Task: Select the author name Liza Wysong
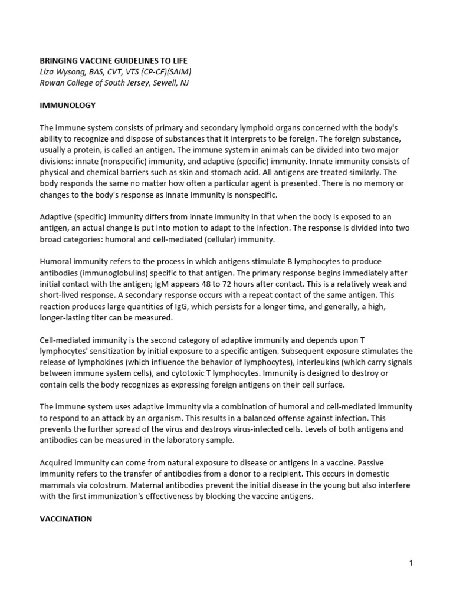coord(61,71)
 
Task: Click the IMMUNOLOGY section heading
coord(68,105)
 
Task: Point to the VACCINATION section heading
coord(66,519)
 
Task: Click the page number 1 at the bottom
coord(411,563)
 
